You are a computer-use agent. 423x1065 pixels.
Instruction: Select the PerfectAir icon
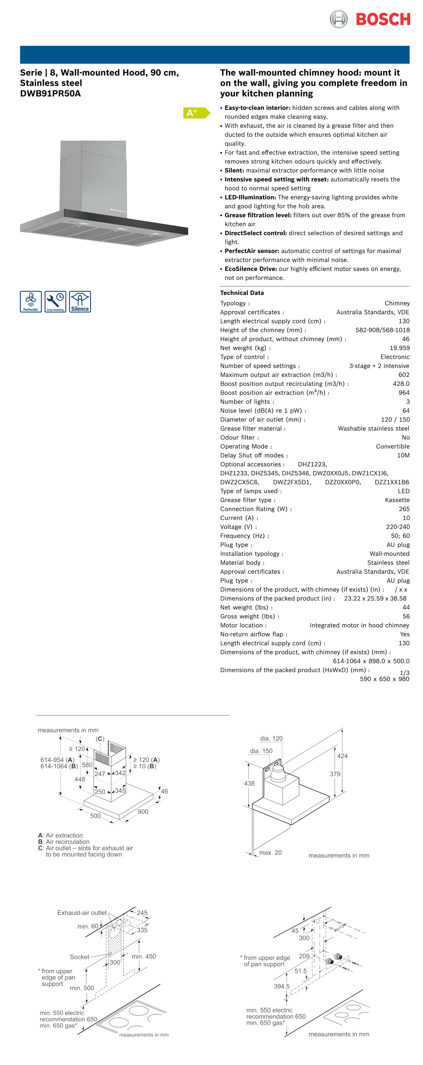(31, 301)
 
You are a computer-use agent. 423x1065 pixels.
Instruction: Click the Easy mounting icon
(55, 301)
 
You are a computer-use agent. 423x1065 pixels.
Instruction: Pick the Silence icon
(80, 301)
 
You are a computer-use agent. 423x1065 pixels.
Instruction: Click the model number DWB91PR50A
(51, 93)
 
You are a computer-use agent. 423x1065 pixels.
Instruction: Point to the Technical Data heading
(242, 293)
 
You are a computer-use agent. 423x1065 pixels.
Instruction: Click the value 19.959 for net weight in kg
(399, 348)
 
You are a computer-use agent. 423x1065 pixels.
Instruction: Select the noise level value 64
(406, 410)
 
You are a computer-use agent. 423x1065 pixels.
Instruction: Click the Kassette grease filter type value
(397, 500)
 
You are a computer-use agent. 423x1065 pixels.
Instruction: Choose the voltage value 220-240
(398, 527)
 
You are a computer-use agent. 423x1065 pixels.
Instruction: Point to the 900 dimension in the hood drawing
(143, 812)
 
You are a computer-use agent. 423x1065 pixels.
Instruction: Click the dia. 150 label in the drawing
(261, 751)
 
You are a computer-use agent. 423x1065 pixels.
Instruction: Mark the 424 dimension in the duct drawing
(342, 756)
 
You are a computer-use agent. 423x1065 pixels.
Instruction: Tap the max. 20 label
(270, 853)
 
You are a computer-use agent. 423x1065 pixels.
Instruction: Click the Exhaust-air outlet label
(82, 912)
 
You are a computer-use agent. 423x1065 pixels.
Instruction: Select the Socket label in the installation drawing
(80, 957)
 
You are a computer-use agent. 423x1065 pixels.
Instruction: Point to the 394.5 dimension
(281, 986)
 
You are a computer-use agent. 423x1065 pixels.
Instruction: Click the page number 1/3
(404, 673)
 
